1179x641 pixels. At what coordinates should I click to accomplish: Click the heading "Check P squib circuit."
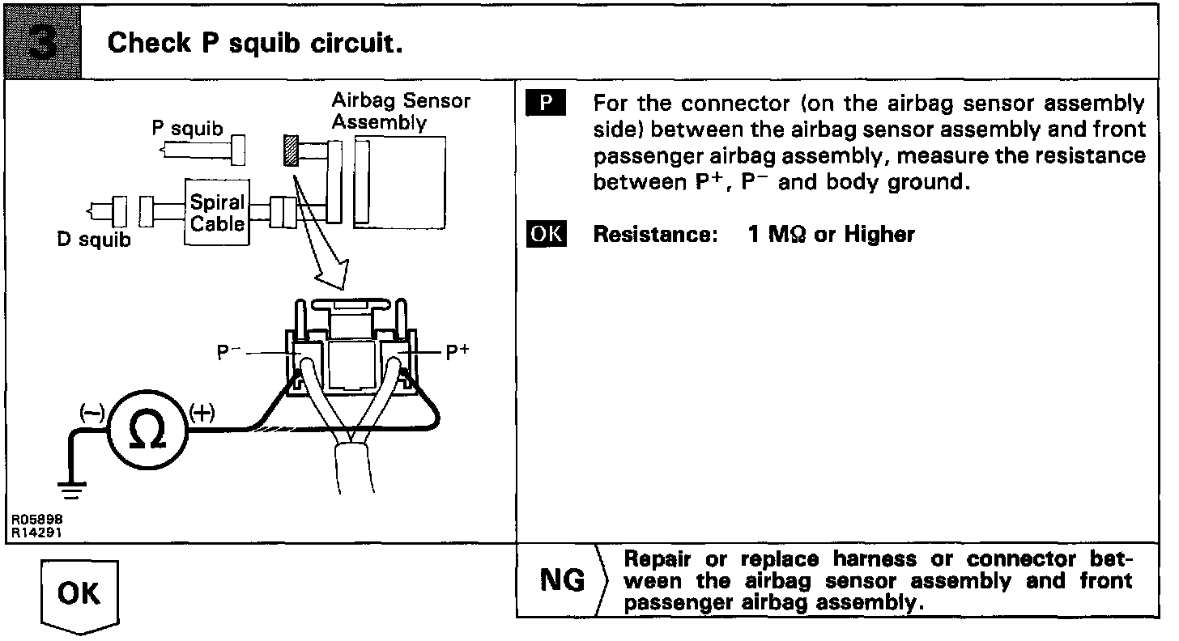(x=255, y=43)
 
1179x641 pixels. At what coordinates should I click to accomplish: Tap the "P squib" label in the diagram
(x=188, y=129)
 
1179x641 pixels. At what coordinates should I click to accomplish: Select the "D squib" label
(x=94, y=240)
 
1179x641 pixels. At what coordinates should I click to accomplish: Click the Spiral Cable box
(x=217, y=212)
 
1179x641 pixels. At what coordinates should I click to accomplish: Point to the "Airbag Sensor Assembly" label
(x=401, y=112)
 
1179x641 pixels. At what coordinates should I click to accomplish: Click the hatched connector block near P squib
(x=291, y=151)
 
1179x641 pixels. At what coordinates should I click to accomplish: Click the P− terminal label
(x=228, y=353)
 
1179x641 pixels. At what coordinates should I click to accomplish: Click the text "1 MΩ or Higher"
(x=832, y=235)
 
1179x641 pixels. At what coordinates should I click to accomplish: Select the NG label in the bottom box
(x=561, y=580)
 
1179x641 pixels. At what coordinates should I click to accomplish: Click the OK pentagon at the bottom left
(x=79, y=595)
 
